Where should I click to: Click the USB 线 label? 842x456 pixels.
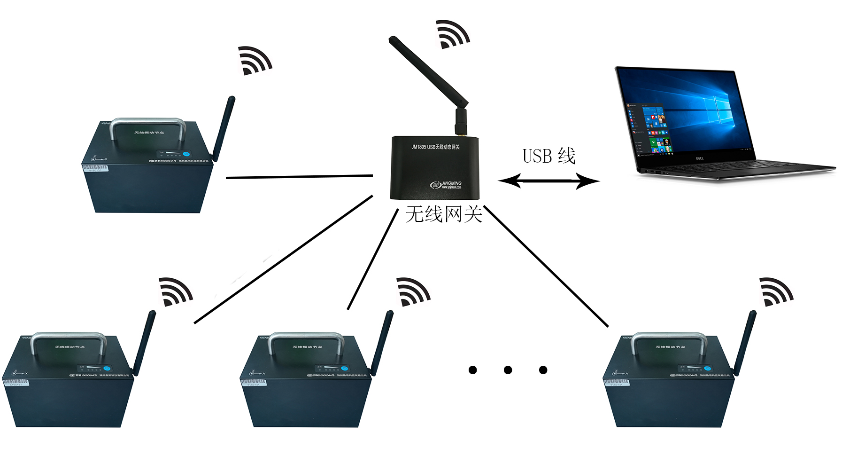point(548,156)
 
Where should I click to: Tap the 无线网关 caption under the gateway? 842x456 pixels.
point(444,214)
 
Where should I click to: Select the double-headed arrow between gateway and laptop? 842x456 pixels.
point(548,181)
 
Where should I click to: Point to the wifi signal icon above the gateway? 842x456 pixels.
point(451,34)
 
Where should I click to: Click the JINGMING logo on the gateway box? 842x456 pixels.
point(446,184)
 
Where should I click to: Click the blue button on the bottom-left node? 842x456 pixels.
point(107,369)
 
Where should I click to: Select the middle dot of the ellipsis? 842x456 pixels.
point(508,370)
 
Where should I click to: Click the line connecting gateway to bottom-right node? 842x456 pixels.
point(547,266)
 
